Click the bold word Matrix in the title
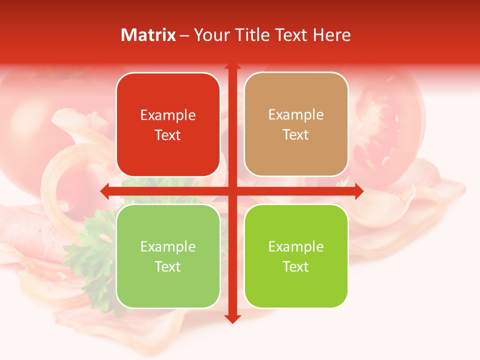148,35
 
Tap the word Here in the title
331,35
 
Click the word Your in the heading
211,35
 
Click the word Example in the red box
168,115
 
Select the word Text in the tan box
296,135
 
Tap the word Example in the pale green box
168,246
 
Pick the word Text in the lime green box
296,266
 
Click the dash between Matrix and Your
184,35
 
